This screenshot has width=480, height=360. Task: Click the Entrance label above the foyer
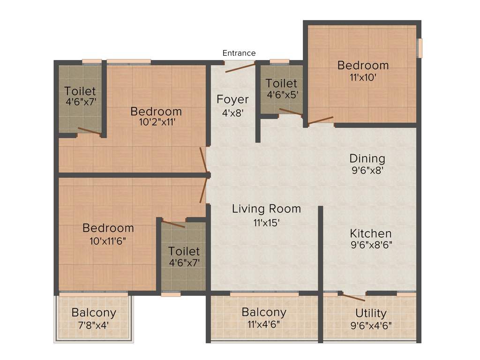(x=239, y=53)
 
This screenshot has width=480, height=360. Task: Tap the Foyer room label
(x=232, y=99)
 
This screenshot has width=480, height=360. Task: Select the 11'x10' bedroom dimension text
(x=363, y=77)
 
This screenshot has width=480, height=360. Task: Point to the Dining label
(x=367, y=158)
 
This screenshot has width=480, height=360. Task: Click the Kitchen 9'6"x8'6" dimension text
(x=371, y=244)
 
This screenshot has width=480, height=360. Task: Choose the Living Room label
(x=266, y=209)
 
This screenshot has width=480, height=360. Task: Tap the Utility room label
(x=371, y=313)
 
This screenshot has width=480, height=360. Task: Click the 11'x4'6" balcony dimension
(x=264, y=324)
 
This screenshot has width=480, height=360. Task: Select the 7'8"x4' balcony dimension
(x=94, y=324)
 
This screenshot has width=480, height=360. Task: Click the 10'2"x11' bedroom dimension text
(x=156, y=123)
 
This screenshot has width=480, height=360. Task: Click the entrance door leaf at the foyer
(x=240, y=67)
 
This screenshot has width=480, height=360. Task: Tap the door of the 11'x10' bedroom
(x=321, y=120)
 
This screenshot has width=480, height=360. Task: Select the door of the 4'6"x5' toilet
(x=291, y=112)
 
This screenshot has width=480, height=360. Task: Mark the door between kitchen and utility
(x=354, y=296)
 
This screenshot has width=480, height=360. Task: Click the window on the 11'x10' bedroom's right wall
(x=420, y=47)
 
